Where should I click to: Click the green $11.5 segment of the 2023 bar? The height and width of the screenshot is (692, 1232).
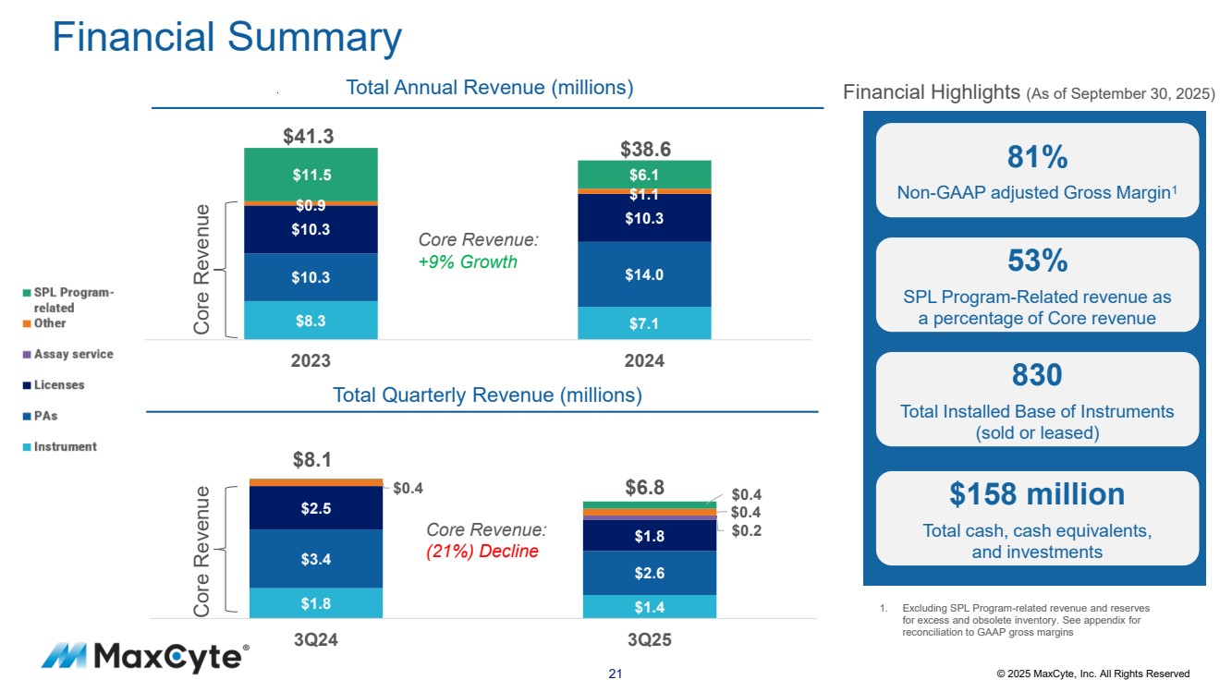(311, 174)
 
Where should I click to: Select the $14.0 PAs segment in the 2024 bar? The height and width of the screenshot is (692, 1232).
(644, 273)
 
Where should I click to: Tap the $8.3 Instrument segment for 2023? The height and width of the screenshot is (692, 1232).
(311, 321)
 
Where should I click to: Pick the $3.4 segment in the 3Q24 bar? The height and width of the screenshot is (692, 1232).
(315, 558)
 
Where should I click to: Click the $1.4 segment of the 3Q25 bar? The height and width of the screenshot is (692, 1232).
(649, 606)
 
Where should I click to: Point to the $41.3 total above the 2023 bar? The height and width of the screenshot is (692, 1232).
(308, 136)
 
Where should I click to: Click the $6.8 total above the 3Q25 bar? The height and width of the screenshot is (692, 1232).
(645, 488)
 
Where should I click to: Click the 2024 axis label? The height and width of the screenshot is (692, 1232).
(644, 361)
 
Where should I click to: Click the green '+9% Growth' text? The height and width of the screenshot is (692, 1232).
(468, 261)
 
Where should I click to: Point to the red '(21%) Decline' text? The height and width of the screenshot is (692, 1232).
(482, 552)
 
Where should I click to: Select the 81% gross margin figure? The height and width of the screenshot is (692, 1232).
(1037, 158)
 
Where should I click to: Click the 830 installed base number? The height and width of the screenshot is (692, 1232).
(1037, 375)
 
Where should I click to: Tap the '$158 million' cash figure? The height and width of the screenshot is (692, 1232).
(1037, 494)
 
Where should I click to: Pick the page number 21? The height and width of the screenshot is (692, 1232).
(616, 674)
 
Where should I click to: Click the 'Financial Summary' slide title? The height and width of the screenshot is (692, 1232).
(226, 37)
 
